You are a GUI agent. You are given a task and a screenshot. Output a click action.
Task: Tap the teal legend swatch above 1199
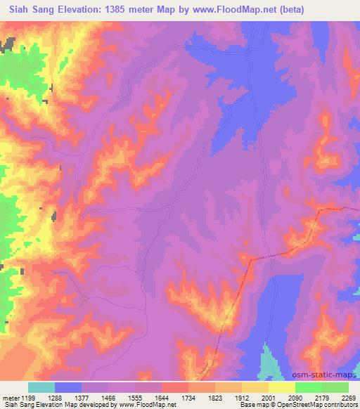coord(41,387)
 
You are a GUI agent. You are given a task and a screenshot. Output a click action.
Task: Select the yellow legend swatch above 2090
coord(282,387)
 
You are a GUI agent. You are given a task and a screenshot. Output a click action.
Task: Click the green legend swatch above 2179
coord(309,387)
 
